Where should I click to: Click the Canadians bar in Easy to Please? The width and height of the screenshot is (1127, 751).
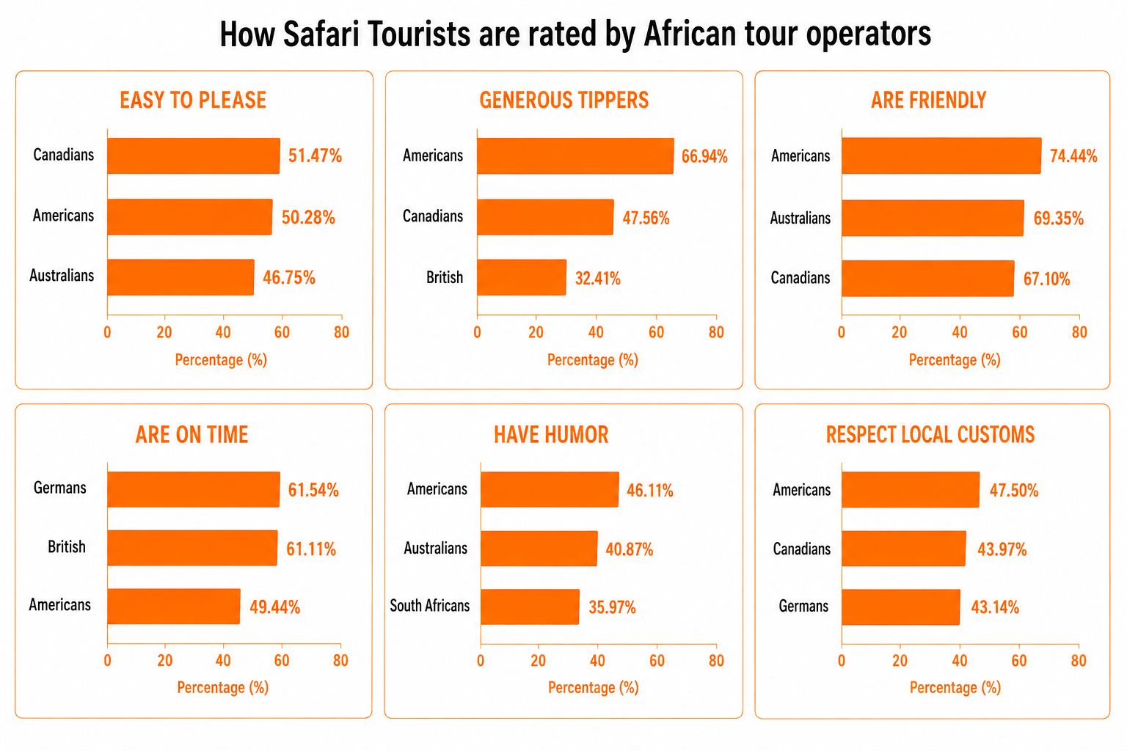click(194, 156)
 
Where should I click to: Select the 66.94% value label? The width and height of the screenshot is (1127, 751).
click(704, 156)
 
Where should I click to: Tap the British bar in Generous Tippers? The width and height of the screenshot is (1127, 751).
click(522, 277)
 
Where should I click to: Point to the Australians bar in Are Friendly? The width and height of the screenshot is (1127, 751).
click(933, 218)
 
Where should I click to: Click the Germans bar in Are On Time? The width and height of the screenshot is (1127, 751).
click(194, 489)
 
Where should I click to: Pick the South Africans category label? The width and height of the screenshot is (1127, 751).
click(430, 606)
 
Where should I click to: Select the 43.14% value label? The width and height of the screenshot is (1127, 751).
click(995, 607)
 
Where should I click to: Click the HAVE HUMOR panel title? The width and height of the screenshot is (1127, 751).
click(551, 435)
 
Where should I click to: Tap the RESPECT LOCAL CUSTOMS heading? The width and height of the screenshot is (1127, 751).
click(930, 435)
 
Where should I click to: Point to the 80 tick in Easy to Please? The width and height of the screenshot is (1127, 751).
click(342, 332)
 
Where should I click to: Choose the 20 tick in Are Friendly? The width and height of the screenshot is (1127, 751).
click(900, 332)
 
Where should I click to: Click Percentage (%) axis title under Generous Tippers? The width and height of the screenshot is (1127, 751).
click(593, 360)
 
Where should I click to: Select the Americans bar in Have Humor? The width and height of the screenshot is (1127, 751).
click(550, 489)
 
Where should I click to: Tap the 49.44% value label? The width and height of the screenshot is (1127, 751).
click(274, 607)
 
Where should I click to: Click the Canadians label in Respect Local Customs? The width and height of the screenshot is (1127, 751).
click(801, 549)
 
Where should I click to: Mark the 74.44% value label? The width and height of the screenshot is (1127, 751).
click(1073, 156)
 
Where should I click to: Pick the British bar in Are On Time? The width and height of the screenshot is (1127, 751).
click(193, 548)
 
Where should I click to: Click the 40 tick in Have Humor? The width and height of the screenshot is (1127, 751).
click(597, 661)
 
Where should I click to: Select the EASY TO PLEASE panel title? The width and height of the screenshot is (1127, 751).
click(193, 100)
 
